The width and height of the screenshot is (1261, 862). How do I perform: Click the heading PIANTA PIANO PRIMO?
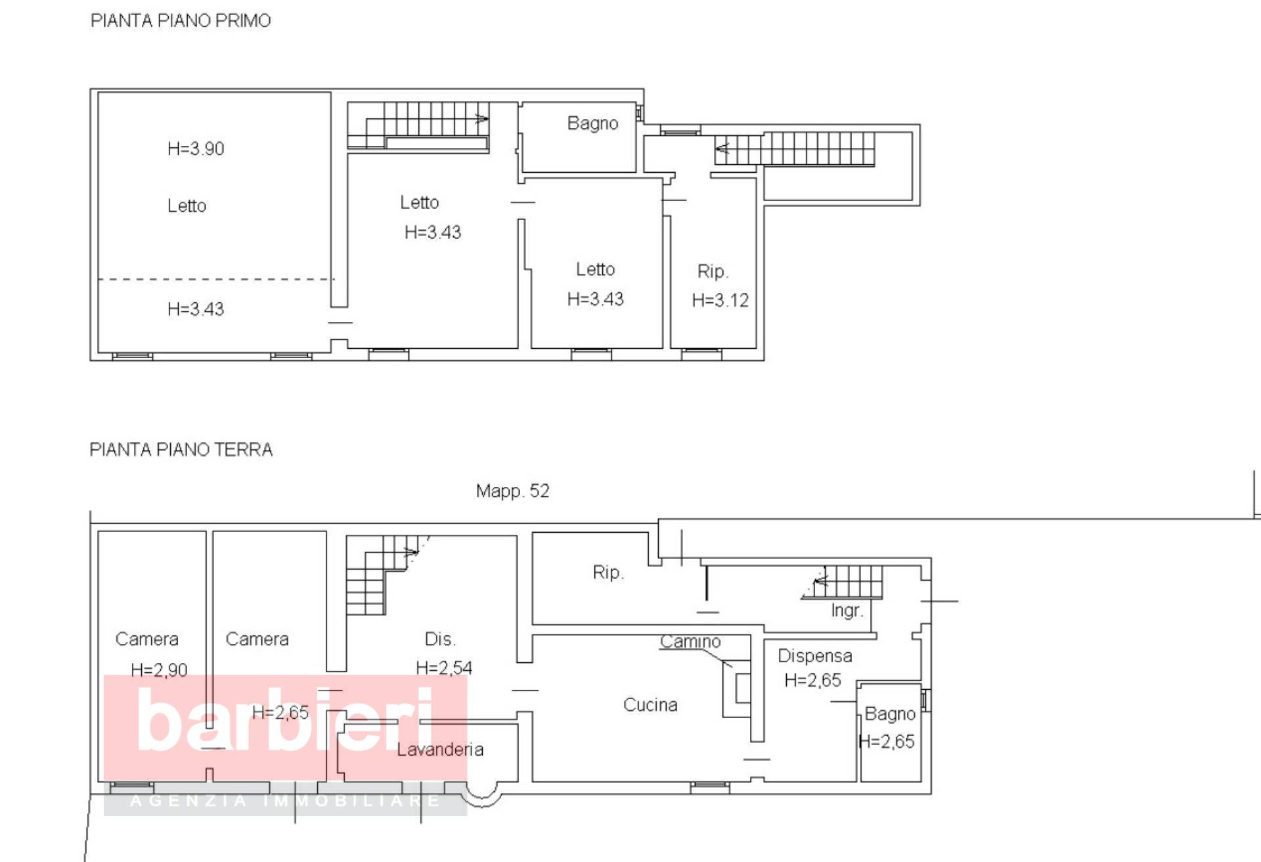pos(180,21)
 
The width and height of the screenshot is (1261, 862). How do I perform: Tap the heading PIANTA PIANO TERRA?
pos(181,450)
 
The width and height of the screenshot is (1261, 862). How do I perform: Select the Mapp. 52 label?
pos(512,491)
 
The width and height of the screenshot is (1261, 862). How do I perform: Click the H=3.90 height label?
pos(196,149)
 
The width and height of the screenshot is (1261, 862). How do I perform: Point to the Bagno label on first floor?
pos(592,124)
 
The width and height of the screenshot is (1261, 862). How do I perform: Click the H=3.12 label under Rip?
pos(720,301)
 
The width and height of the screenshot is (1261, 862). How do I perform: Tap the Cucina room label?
pos(650,705)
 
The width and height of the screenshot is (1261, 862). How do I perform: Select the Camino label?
pos(690,641)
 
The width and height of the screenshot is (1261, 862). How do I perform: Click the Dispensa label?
pos(814,656)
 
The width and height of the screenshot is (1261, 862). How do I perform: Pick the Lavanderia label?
pos(440,750)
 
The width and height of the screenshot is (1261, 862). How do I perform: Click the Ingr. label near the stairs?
pos(847,610)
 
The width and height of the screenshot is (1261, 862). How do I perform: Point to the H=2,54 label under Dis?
pos(444,668)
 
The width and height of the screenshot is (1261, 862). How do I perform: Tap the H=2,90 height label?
pos(159,670)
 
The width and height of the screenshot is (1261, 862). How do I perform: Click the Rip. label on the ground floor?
pos(608,572)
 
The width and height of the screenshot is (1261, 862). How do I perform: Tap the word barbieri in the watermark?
pos(286,719)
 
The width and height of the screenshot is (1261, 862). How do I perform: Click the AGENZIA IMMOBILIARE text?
pos(285,801)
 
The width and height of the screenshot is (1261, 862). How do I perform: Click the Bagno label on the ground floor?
pos(889,714)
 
